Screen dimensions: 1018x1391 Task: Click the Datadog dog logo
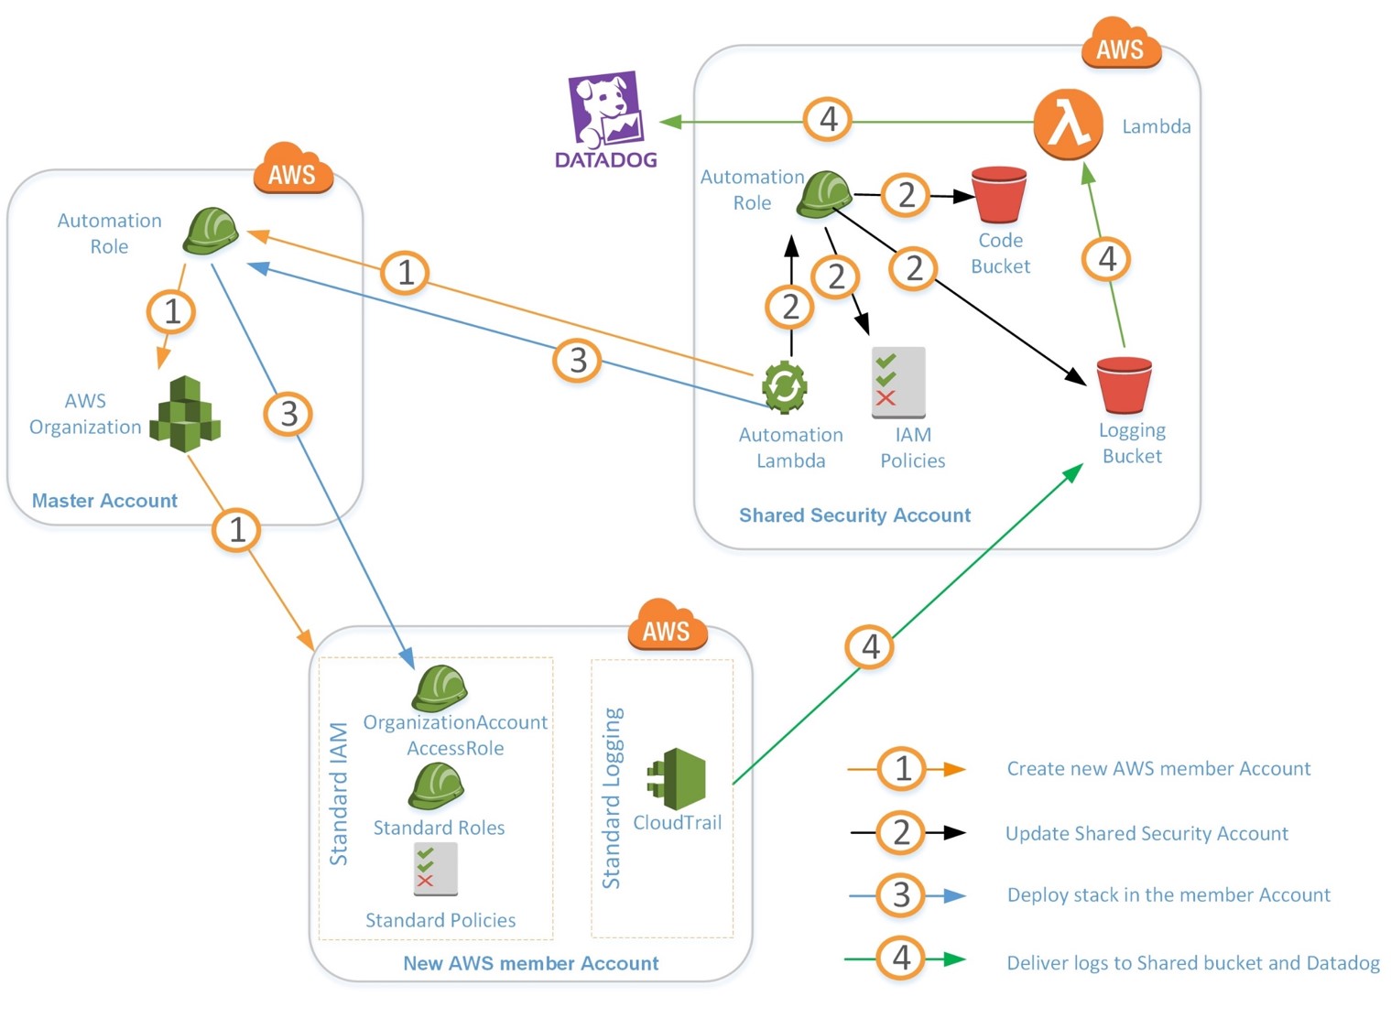coord(605,110)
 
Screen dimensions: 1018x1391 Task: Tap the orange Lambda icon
coord(1067,124)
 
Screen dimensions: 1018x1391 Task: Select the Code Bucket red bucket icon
coord(998,195)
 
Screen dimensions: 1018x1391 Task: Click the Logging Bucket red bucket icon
coord(1124,384)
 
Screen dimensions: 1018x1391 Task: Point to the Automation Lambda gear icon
coord(785,386)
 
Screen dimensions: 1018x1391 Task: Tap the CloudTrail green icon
coord(678,778)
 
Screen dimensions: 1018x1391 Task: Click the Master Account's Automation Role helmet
coord(211,231)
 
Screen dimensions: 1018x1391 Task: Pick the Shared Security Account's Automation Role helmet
coord(823,194)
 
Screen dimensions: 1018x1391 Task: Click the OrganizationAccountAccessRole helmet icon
coord(440,688)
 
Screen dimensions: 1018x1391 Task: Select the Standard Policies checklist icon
coord(435,869)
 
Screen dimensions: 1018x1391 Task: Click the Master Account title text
coord(104,501)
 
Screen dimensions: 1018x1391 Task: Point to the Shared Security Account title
coord(854,515)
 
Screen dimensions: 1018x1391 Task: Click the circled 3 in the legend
coord(902,895)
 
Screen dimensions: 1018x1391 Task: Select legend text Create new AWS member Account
coord(1158,769)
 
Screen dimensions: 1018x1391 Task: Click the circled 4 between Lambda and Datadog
coord(828,119)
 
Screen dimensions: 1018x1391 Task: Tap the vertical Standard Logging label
coord(612,797)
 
